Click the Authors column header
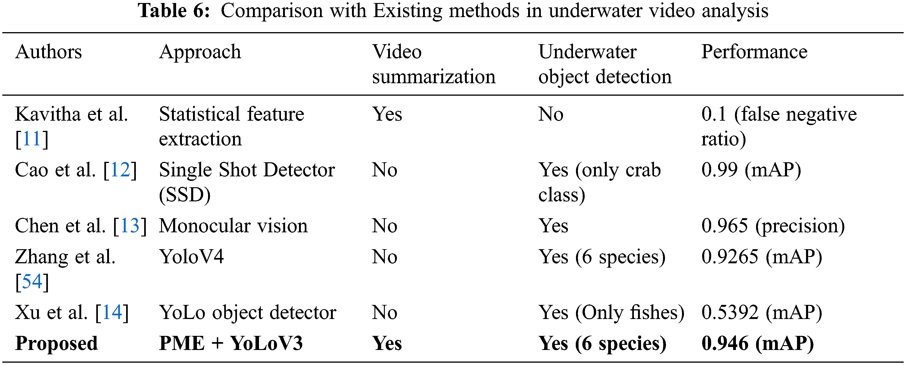(49, 52)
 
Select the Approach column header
(200, 52)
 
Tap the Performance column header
(754, 52)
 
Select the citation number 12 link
(120, 170)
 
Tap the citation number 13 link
(130, 226)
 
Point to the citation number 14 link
(112, 313)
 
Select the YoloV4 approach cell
(191, 257)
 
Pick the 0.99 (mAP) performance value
(751, 170)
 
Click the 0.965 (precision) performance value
(773, 226)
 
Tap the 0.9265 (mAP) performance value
(761, 257)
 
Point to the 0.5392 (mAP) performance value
(761, 313)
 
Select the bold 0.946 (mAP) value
(757, 344)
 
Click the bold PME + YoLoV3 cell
(231, 344)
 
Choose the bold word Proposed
(56, 344)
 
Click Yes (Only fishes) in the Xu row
(611, 313)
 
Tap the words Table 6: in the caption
(174, 11)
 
